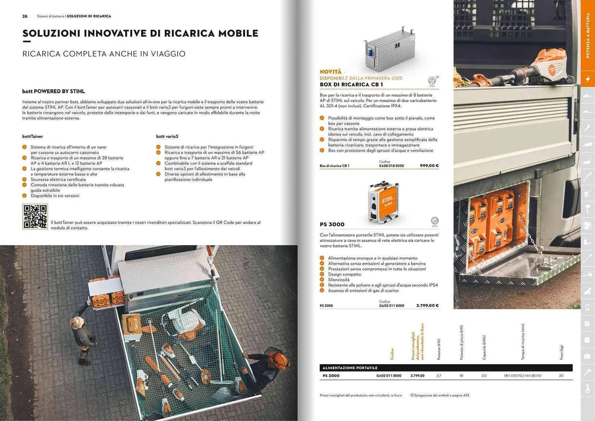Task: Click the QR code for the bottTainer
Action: [x=35, y=216]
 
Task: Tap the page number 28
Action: [x=25, y=16]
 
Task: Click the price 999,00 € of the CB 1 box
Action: [x=429, y=166]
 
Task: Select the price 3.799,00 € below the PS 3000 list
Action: [x=427, y=305]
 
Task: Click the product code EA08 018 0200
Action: [x=391, y=166]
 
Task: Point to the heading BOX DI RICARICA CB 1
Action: [x=351, y=84]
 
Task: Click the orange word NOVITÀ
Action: [x=330, y=72]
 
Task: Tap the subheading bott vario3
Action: [x=167, y=136]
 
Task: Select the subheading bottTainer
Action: [x=33, y=136]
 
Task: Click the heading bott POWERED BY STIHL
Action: [x=53, y=91]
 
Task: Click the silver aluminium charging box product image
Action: [x=390, y=50]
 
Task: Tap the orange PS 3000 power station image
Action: [x=384, y=202]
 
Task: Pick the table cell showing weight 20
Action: [x=561, y=375]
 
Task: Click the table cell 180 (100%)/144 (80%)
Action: [x=522, y=375]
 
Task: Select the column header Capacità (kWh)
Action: [x=484, y=348]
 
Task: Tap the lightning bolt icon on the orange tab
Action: [x=588, y=79]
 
